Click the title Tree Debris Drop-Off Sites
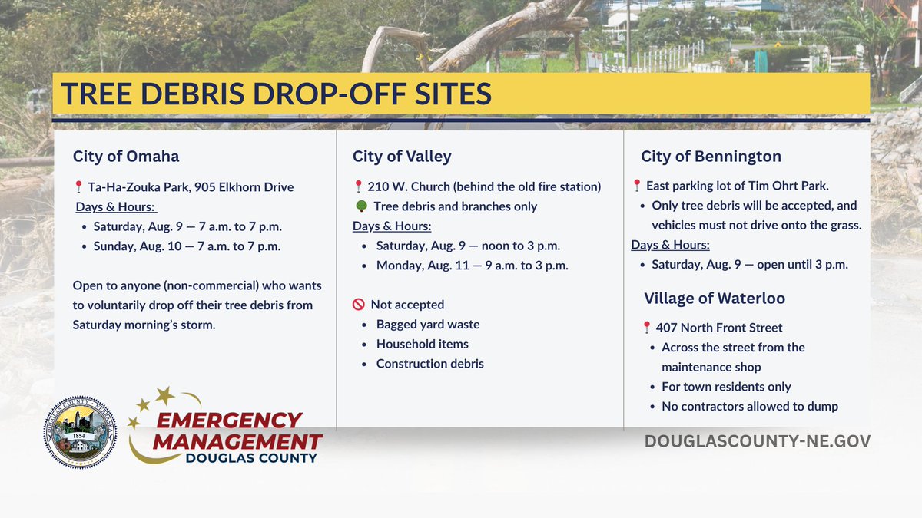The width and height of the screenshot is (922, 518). coord(276,94)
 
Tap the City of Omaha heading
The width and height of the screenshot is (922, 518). coord(126,157)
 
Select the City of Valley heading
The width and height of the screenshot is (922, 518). coord(402,157)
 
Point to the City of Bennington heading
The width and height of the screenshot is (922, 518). coord(711,157)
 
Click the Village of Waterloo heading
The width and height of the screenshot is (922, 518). coord(715,299)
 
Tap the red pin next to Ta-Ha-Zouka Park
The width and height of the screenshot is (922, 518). coord(78,187)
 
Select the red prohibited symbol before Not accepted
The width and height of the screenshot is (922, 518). coord(358,305)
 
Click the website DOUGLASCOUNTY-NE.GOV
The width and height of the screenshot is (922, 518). coord(757,441)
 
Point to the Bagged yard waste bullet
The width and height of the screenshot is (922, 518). coord(427,325)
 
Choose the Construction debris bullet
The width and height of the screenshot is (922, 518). coord(429,364)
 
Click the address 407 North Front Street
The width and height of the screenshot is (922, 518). coord(719,328)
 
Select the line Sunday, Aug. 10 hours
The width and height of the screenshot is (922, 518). coord(187,246)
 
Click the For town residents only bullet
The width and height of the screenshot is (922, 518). coord(726,387)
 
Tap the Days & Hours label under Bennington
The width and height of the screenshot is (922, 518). coord(670,245)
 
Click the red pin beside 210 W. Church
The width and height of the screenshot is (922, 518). coord(358,186)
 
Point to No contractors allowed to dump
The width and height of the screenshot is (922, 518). coord(749,407)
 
